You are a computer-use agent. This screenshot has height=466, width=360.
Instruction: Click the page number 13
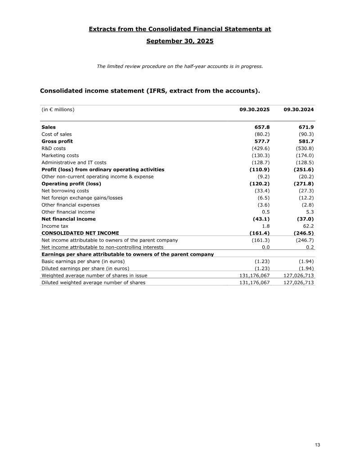coord(317,445)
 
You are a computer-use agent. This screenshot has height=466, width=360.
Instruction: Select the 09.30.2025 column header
coord(254,109)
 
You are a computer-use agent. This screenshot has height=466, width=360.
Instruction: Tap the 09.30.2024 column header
coord(299,109)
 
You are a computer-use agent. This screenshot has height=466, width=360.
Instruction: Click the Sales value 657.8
coord(261,127)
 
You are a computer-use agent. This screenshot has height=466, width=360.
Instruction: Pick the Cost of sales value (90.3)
coord(306,134)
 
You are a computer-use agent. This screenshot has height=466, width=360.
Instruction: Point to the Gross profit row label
coord(57,141)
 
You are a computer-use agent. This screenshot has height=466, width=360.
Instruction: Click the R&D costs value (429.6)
coord(261,148)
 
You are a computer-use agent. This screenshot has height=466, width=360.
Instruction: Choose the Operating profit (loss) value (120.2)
coord(259,184)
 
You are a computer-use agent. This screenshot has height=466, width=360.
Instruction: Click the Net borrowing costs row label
coord(65,190)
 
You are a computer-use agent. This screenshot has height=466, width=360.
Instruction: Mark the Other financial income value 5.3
coord(310,212)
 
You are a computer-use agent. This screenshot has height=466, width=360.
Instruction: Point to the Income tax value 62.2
coord(309,226)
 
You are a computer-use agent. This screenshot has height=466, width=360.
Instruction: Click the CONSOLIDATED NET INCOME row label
coord(80,233)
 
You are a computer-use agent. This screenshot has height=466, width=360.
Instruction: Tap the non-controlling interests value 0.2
coord(310,247)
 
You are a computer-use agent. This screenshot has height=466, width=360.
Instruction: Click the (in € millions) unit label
coord(58,109)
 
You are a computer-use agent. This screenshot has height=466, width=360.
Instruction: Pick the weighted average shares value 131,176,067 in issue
coord(251,276)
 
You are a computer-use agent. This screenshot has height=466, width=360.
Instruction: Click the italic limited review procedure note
coord(180,67)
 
